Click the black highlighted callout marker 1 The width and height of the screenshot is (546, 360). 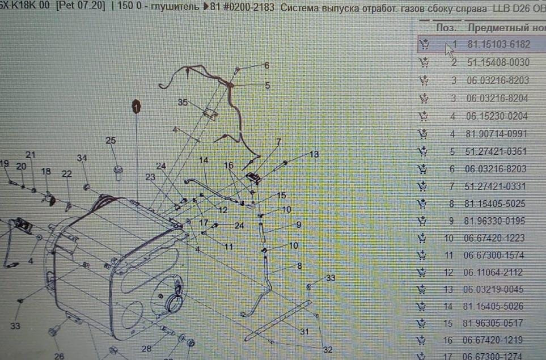coord(136,106)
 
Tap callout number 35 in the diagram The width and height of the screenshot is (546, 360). coord(183,103)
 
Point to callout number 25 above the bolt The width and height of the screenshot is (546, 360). coord(111,141)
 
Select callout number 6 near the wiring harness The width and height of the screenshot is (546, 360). coord(266,65)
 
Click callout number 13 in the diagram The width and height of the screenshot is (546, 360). coord(314,154)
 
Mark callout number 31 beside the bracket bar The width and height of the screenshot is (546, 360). coord(304,332)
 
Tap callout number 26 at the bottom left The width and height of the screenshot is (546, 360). coord(59,356)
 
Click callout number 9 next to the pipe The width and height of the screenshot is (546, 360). coord(299,225)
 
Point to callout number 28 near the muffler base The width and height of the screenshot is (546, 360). coord(147,348)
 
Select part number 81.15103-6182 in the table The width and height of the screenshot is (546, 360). coord(499,44)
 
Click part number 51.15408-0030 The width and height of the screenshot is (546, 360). coord(498,62)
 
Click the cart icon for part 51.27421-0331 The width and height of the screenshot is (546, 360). coord(422,186)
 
